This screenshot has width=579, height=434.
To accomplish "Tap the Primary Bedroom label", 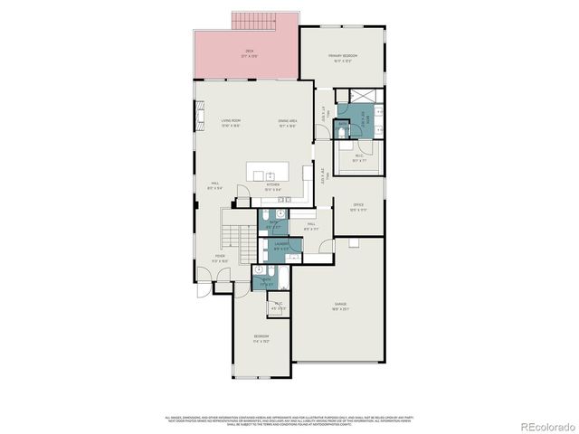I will pos(343,58).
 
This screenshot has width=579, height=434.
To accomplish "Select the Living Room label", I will pos(231,122).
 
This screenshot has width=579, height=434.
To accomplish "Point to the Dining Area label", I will pos(289,122).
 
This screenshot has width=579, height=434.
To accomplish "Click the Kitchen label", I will pos(272,186).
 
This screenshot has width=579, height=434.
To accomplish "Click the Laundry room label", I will pos(281,245).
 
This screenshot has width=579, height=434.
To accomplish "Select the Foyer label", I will pos(220,258).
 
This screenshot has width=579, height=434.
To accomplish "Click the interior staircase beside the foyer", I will pos(235,238).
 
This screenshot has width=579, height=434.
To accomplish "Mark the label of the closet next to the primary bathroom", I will pos(358,157).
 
